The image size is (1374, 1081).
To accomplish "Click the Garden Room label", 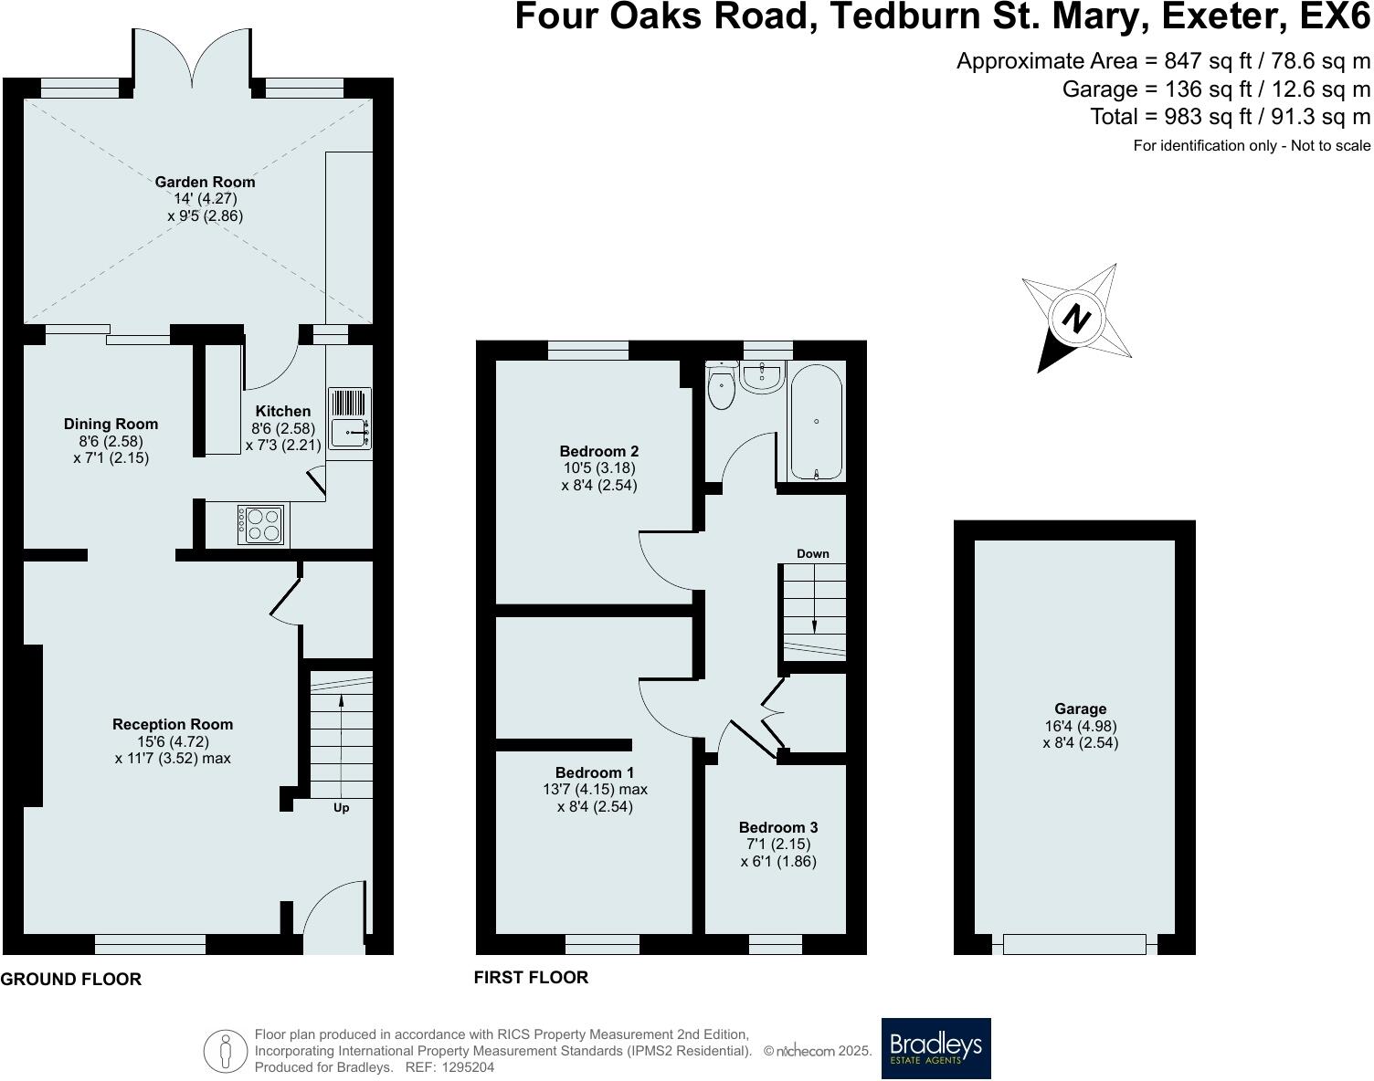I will [205, 182].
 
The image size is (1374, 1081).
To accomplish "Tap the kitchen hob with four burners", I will [260, 525].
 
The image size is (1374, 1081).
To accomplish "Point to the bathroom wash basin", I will [760, 376].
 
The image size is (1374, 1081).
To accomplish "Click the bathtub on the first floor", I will [817, 421].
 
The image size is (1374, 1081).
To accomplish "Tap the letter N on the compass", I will [1078, 320].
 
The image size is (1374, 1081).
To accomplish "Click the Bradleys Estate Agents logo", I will [935, 1048].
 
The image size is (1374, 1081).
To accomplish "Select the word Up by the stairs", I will [341, 808].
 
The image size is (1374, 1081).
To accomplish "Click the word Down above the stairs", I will [812, 553].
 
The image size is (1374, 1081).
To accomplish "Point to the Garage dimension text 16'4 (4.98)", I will [1080, 726].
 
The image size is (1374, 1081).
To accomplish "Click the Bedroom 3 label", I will [778, 827].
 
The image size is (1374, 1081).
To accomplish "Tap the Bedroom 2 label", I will [598, 451].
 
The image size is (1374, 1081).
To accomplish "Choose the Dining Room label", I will [111, 424].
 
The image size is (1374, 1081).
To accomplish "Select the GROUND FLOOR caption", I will [71, 980].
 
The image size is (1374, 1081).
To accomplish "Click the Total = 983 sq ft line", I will [1230, 117].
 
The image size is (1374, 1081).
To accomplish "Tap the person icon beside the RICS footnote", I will [226, 1051].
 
